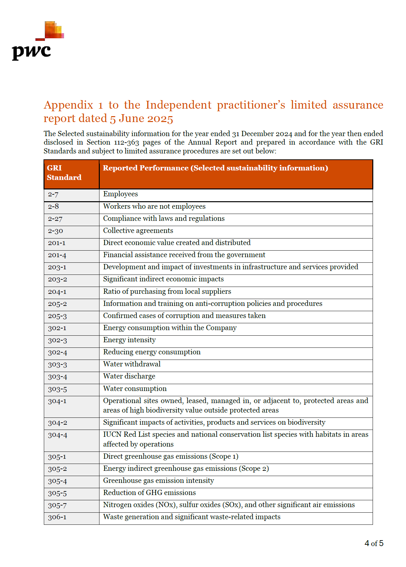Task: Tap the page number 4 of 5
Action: click(x=374, y=543)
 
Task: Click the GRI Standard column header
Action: click(x=64, y=173)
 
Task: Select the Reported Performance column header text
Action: click(x=215, y=168)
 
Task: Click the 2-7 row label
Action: click(x=53, y=194)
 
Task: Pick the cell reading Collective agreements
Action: click(x=138, y=231)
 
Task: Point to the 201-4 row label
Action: click(x=57, y=255)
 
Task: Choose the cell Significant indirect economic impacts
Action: click(x=163, y=279)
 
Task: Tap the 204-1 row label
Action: click(x=57, y=292)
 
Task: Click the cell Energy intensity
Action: click(x=129, y=340)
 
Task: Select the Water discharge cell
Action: click(x=129, y=376)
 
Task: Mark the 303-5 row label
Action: click(x=57, y=389)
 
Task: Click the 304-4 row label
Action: click(x=57, y=435)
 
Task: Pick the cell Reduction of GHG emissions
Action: click(x=150, y=493)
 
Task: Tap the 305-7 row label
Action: click(x=57, y=505)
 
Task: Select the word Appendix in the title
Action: click(x=69, y=105)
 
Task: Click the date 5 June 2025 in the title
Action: click(x=141, y=118)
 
